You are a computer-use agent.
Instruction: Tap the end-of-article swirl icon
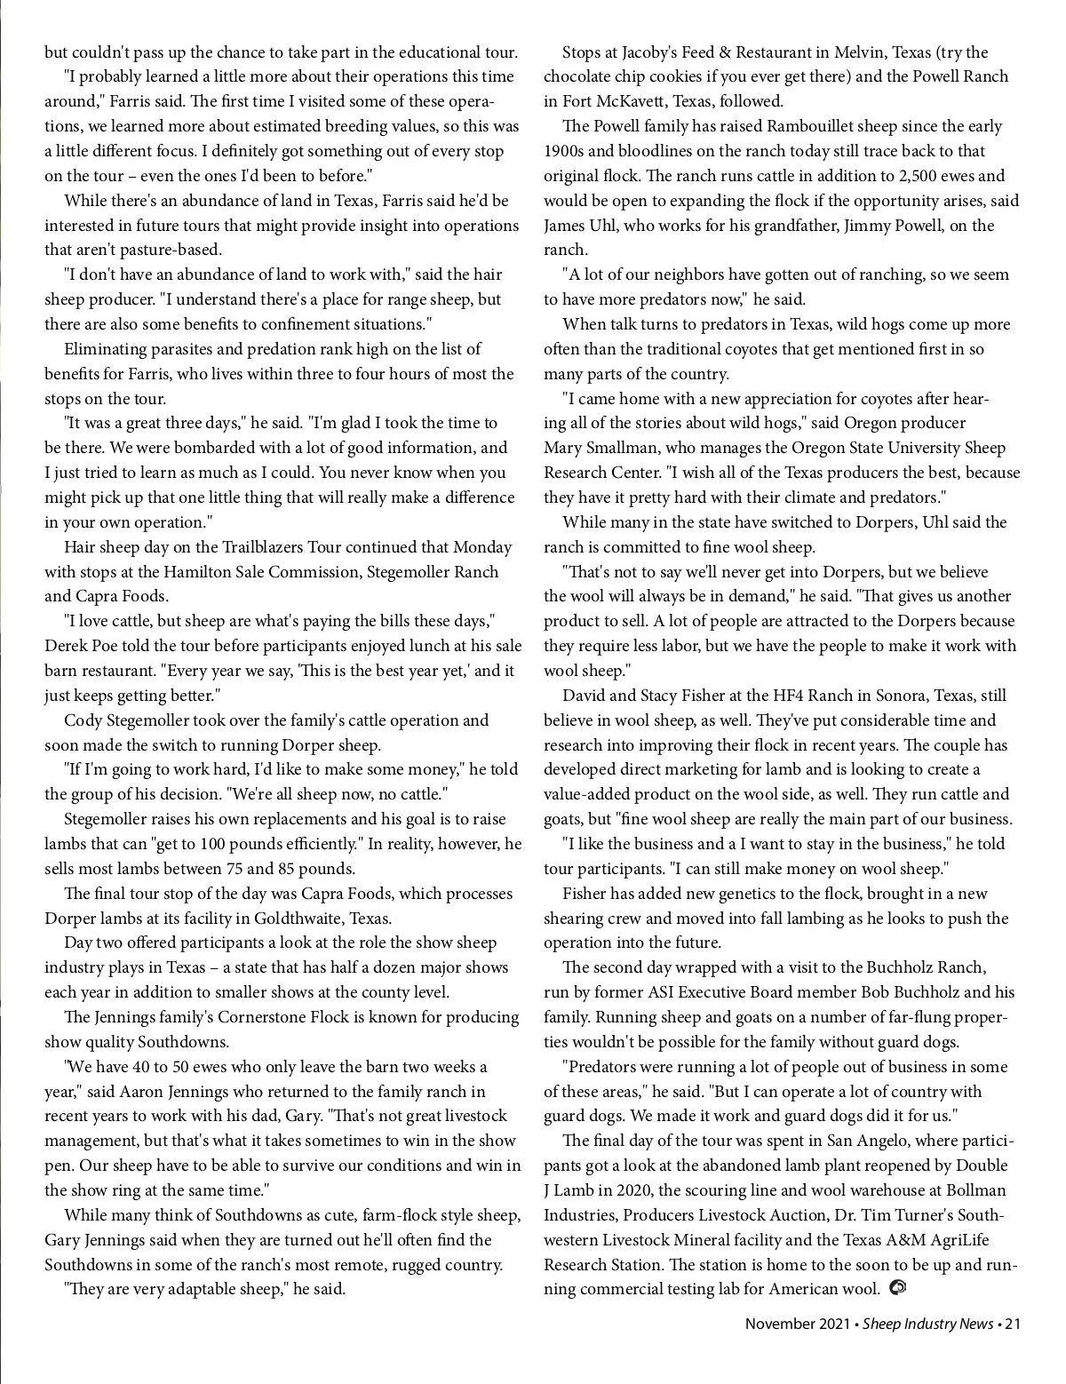(897, 1286)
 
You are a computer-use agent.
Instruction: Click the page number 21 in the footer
(1012, 1324)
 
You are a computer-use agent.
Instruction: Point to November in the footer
(780, 1324)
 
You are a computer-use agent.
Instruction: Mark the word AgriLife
(948, 1240)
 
